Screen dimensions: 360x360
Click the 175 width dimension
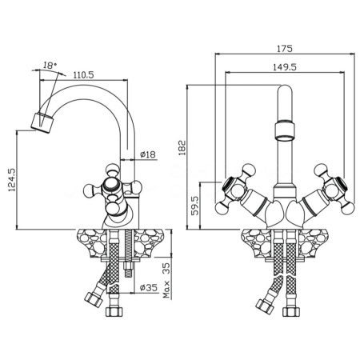pyautogui.click(x=285, y=49)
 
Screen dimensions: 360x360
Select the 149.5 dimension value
pyautogui.click(x=285, y=67)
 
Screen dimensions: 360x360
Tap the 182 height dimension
pyautogui.click(x=182, y=148)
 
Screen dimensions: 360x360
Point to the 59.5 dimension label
pyautogui.click(x=196, y=206)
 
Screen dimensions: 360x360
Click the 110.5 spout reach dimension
pyautogui.click(x=83, y=75)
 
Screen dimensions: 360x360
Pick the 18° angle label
pyautogui.click(x=50, y=66)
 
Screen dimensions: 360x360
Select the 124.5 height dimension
pyautogui.click(x=12, y=180)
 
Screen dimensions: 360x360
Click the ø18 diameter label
pyautogui.click(x=147, y=154)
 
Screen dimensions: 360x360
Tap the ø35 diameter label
pyautogui.click(x=149, y=287)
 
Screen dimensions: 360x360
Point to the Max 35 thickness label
pyautogui.click(x=166, y=280)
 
